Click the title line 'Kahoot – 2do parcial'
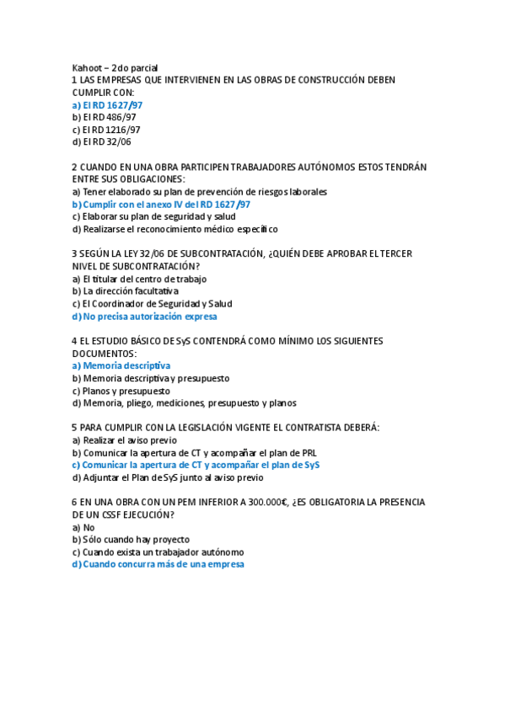click(115, 67)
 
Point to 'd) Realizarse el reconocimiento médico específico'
click(175, 229)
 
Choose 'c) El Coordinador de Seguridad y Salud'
click(151, 304)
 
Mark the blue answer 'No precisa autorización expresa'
click(144, 317)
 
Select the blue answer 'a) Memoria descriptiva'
click(121, 366)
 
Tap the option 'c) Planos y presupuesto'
click(121, 391)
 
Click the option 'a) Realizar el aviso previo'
click(125, 440)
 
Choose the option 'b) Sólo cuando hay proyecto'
click(131, 540)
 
